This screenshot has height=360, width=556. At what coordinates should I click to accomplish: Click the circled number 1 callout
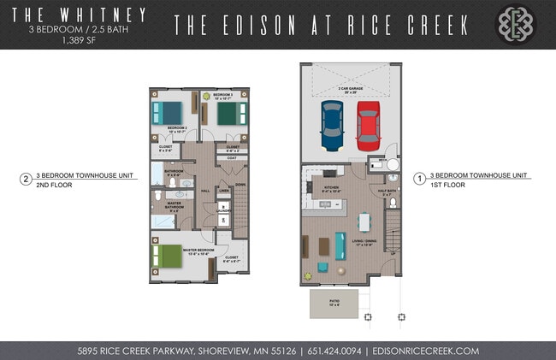(x=420, y=179)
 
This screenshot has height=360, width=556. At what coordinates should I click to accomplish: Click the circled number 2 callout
(x=27, y=180)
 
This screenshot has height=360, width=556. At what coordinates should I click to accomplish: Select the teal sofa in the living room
(x=340, y=245)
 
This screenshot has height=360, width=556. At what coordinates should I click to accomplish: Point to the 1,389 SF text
(x=76, y=39)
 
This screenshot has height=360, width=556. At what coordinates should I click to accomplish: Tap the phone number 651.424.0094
(x=329, y=351)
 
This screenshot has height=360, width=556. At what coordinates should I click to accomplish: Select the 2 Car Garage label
(x=350, y=88)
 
